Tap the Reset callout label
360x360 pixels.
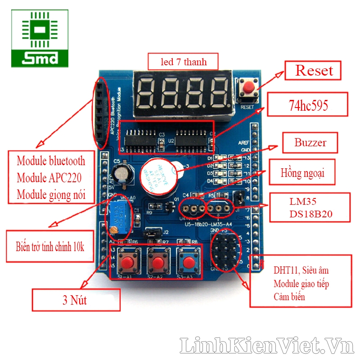pyautogui.click(x=314, y=71)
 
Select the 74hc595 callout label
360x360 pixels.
pyautogui.click(x=308, y=106)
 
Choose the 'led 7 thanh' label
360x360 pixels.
pyautogui.click(x=184, y=62)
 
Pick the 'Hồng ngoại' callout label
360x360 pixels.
pyautogui.click(x=302, y=172)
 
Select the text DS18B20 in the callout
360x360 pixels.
pyautogui.click(x=311, y=214)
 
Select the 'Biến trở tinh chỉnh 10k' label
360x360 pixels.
pyautogui.click(x=50, y=247)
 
